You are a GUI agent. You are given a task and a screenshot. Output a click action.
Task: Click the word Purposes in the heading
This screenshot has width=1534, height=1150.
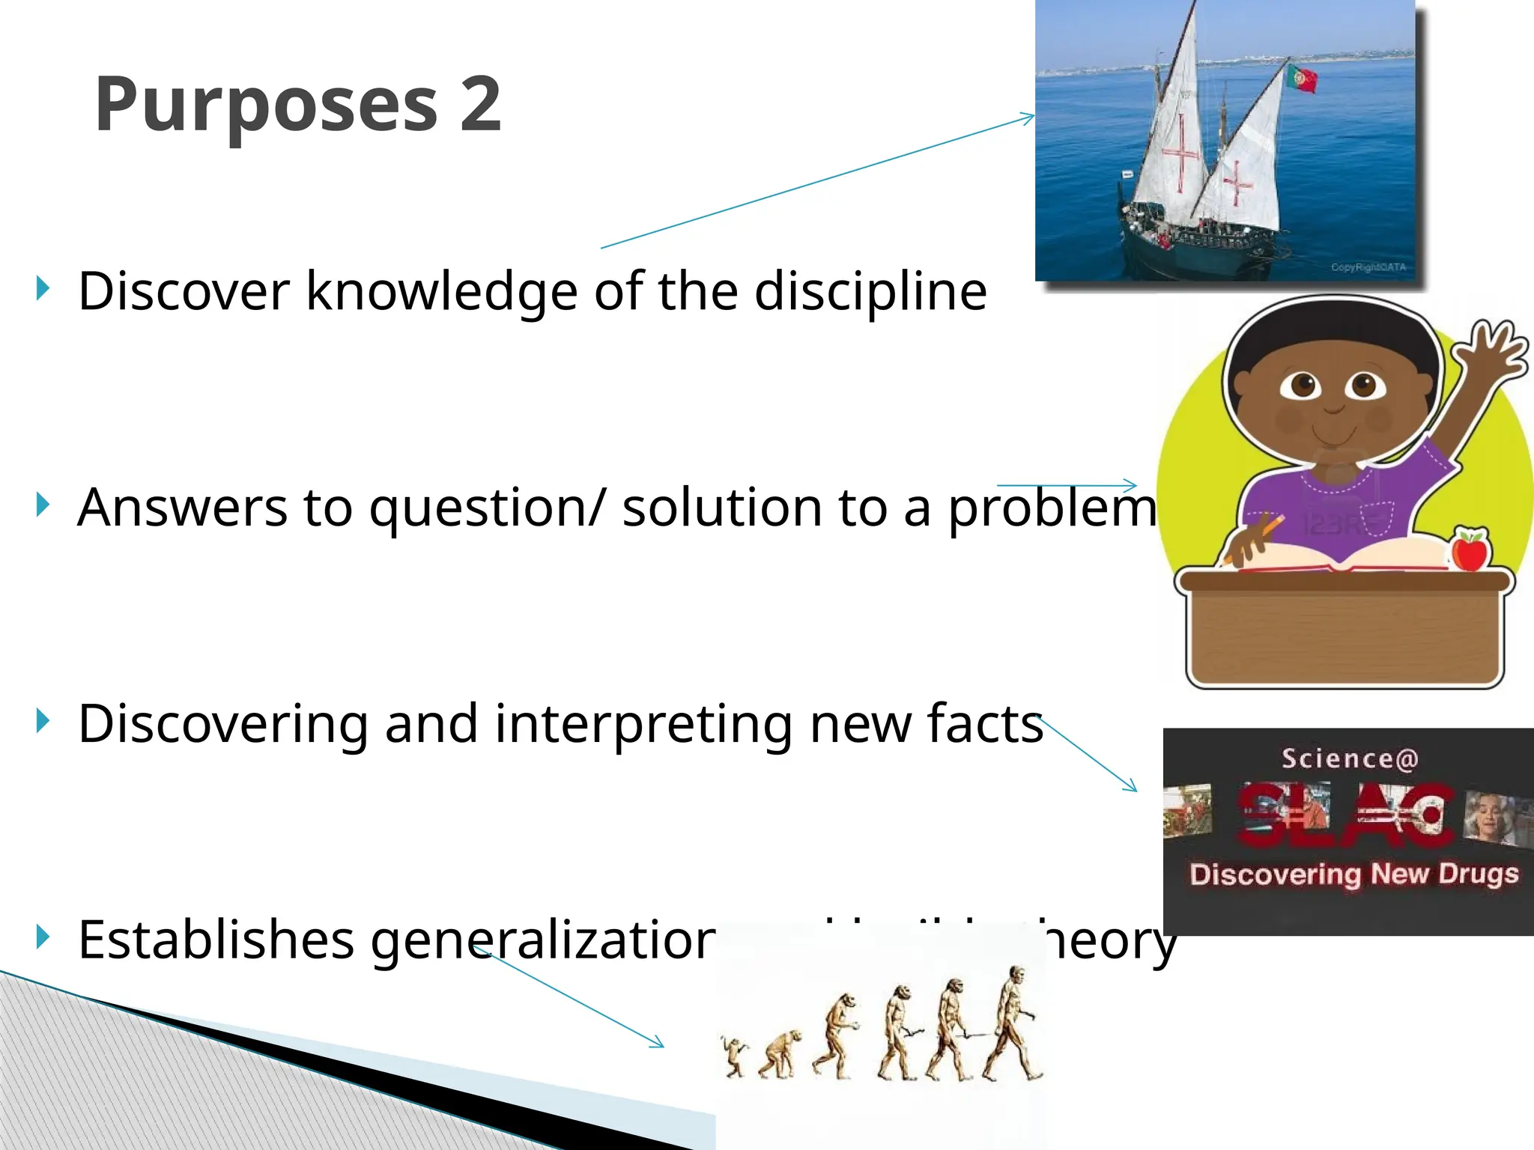[266, 106]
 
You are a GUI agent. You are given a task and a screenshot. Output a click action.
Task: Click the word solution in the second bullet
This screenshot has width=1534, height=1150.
[721, 508]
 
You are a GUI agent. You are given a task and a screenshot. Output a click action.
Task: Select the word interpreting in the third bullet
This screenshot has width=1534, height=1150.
[643, 724]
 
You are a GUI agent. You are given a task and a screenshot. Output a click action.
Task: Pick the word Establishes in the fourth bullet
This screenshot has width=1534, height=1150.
[216, 940]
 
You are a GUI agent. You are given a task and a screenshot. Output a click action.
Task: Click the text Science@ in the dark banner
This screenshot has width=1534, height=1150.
[1350, 759]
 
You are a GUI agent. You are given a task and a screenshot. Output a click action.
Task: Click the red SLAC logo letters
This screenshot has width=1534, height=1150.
[1347, 815]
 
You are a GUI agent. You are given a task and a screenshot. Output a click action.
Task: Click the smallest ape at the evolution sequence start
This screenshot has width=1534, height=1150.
[735, 1056]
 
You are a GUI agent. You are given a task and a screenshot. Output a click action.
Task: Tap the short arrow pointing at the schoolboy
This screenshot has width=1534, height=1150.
[1067, 486]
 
